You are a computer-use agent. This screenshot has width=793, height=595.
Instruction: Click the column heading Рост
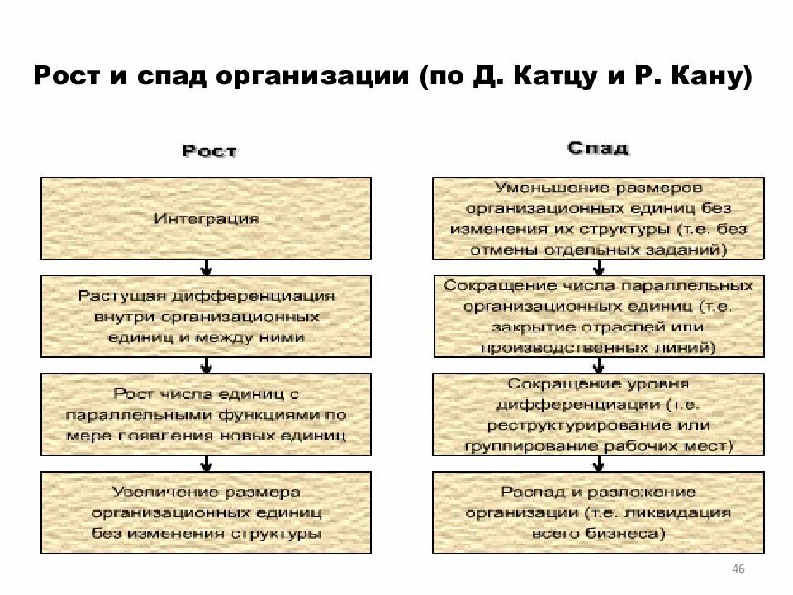[209, 151]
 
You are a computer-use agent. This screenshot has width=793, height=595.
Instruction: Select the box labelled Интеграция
[206, 219]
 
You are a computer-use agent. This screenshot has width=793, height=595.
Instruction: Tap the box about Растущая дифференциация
[206, 317]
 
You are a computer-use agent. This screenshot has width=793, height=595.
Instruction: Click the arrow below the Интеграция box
[206, 268]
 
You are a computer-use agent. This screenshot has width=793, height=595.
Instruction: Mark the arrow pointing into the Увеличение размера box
[206, 464]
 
